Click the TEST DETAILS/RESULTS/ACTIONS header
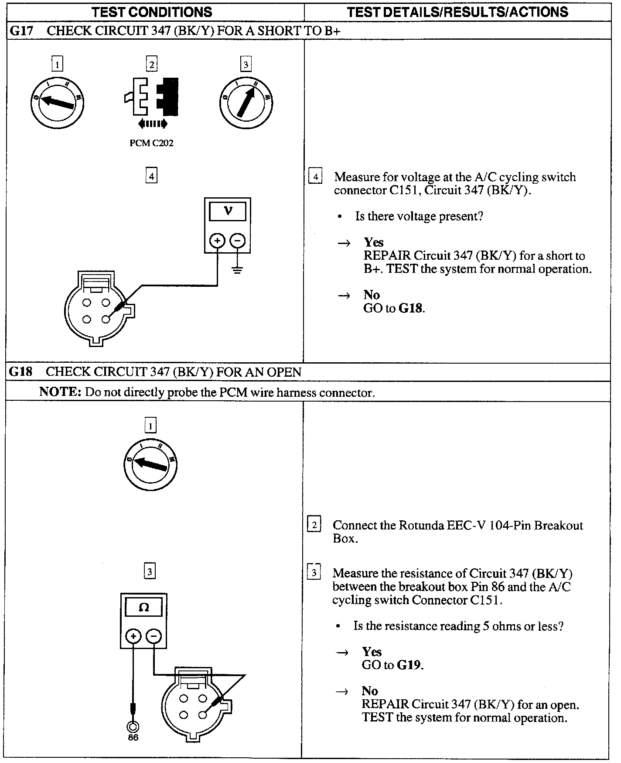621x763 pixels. pos(457,12)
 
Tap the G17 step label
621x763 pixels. pos(21,31)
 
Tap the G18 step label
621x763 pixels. pos(21,372)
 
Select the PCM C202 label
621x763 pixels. pos(151,143)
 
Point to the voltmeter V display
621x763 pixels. pos(228,212)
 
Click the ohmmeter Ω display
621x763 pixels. pos(143,607)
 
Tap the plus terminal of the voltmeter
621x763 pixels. pos(217,241)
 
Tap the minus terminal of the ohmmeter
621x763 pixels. pos(154,636)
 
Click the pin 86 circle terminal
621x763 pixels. pos(133,727)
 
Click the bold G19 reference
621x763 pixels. pos(410,665)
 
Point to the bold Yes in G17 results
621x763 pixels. pos(374,242)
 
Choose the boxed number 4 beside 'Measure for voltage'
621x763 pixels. pos(315,177)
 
